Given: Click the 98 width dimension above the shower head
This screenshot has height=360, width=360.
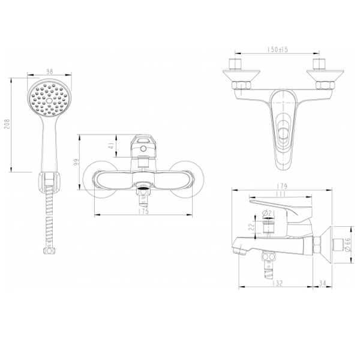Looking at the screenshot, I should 49,71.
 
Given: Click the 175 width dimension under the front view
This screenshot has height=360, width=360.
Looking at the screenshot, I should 142,211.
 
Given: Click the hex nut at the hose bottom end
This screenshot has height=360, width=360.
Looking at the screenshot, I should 45,250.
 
